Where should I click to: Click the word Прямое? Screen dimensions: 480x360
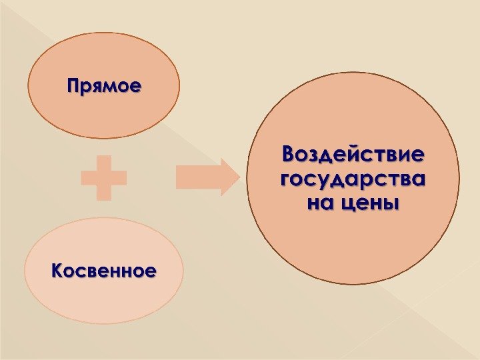[104, 86]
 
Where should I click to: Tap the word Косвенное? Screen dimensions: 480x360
[103, 271]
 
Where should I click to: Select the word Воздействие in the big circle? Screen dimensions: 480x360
[353, 156]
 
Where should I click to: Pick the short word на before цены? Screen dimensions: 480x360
[318, 202]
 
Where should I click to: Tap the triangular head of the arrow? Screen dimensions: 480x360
[229, 177]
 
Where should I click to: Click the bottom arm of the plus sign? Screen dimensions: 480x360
[103, 192]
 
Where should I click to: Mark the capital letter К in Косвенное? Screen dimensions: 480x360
[57, 270]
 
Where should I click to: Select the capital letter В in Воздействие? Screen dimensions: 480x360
[289, 155]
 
